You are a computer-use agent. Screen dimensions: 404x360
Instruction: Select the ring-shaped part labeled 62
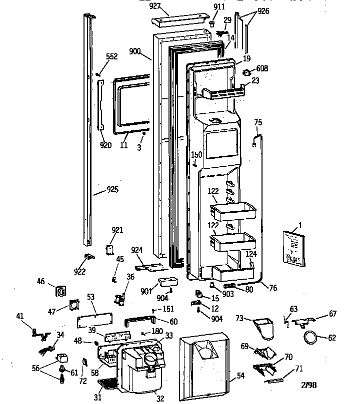(x=311, y=338)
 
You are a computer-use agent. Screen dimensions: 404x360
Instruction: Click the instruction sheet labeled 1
(x=292, y=248)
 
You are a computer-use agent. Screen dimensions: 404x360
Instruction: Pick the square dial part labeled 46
(x=61, y=291)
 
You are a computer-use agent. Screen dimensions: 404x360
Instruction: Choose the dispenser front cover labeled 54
(x=205, y=364)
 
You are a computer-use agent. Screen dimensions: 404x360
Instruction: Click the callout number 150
(x=197, y=155)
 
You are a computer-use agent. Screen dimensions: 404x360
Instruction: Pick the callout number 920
(x=105, y=145)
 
